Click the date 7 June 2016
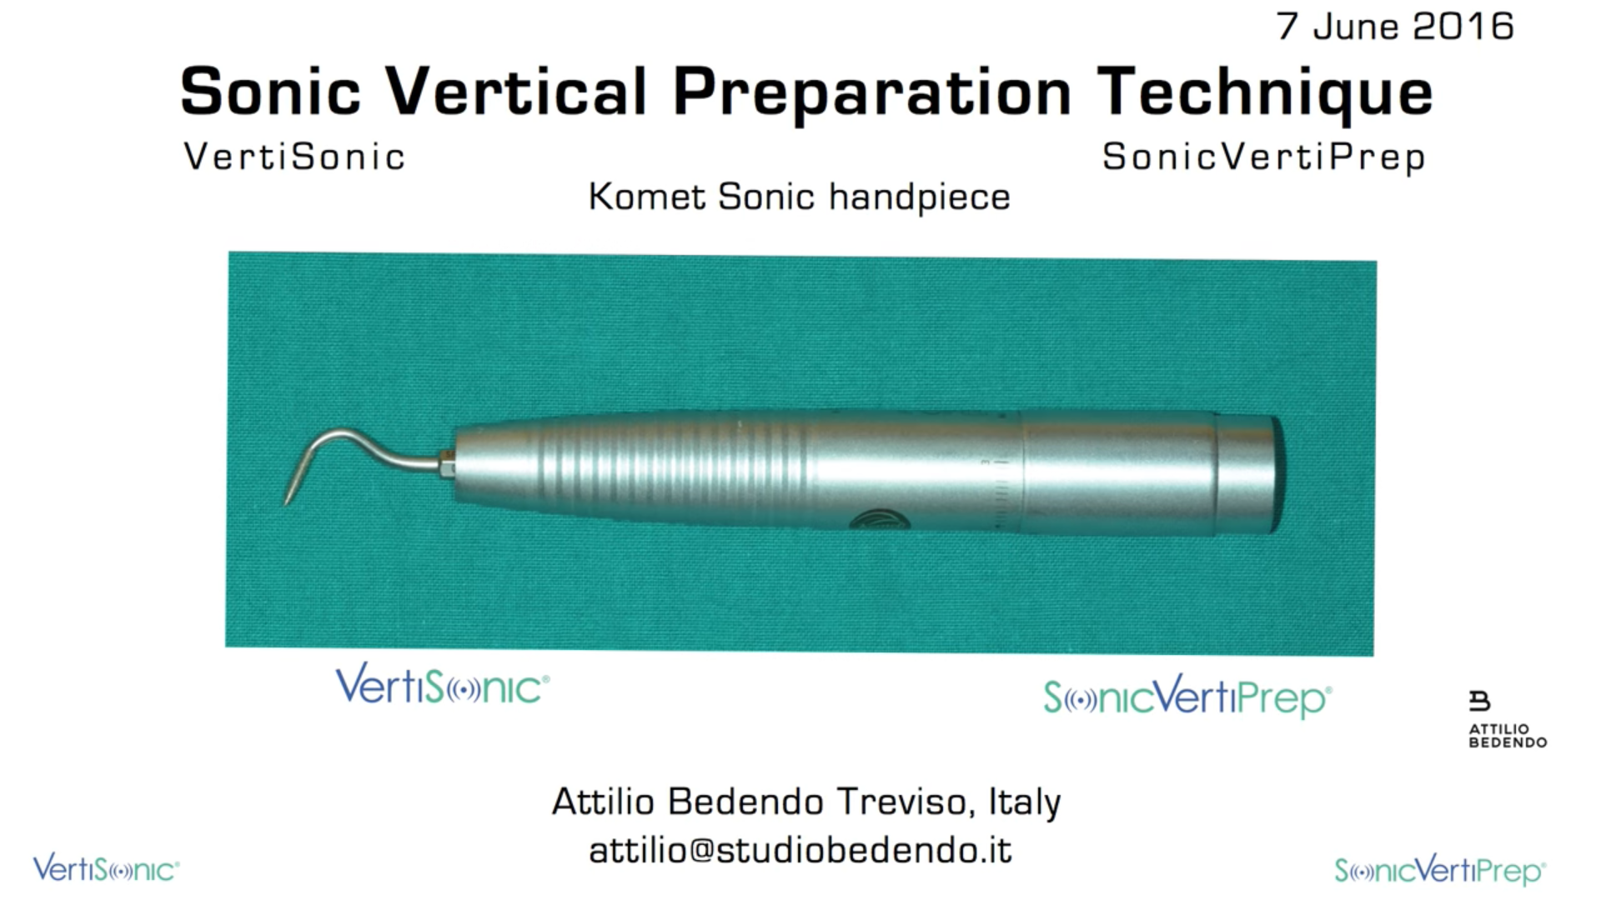[1395, 26]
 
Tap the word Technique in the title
[1265, 93]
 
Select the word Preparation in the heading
[872, 93]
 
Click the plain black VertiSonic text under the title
[294, 157]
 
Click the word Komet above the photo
[647, 197]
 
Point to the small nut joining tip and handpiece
[447, 463]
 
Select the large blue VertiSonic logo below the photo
[442, 685]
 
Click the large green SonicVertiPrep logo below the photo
[1187, 697]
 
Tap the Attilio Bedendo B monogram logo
[1479, 701]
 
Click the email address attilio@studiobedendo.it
[800, 851]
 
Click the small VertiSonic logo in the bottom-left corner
[106, 868]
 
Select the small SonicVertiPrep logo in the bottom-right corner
[1440, 871]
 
